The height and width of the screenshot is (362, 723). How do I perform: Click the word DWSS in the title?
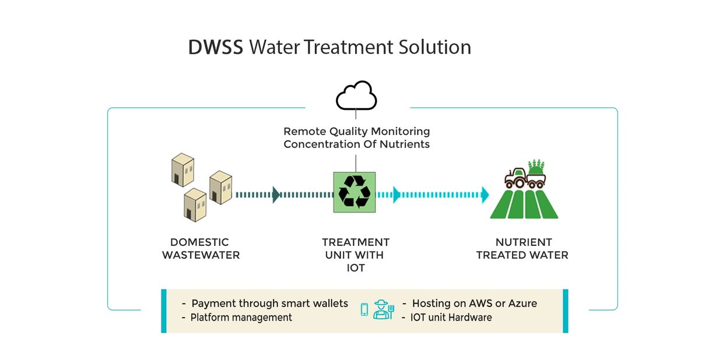[x=215, y=47]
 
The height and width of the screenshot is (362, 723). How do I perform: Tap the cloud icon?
[x=356, y=96]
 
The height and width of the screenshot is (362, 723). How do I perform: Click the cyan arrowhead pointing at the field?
[x=485, y=194]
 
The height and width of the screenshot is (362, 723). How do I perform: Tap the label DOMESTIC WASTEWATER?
[x=201, y=248]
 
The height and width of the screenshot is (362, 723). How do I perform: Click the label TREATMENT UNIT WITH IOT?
[x=356, y=255]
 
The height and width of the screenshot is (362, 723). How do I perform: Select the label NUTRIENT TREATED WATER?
[x=522, y=248]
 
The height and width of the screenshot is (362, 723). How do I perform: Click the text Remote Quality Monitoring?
[x=356, y=131]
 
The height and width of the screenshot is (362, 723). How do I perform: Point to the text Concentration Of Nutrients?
[x=356, y=144]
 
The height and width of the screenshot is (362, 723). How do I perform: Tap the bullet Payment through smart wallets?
[x=269, y=304]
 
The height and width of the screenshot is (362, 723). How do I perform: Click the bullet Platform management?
[x=241, y=318]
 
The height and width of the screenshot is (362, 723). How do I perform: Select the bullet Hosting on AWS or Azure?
[x=474, y=304]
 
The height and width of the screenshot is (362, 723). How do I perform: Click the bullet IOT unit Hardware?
[x=451, y=318]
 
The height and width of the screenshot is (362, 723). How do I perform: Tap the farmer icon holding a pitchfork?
[x=383, y=310]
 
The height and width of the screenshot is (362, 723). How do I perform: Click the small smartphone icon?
[x=364, y=310]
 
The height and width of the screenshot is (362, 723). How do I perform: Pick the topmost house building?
[x=182, y=170]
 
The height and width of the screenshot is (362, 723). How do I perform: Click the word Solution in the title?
[x=434, y=47]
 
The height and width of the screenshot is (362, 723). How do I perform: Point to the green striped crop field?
[x=524, y=204]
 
